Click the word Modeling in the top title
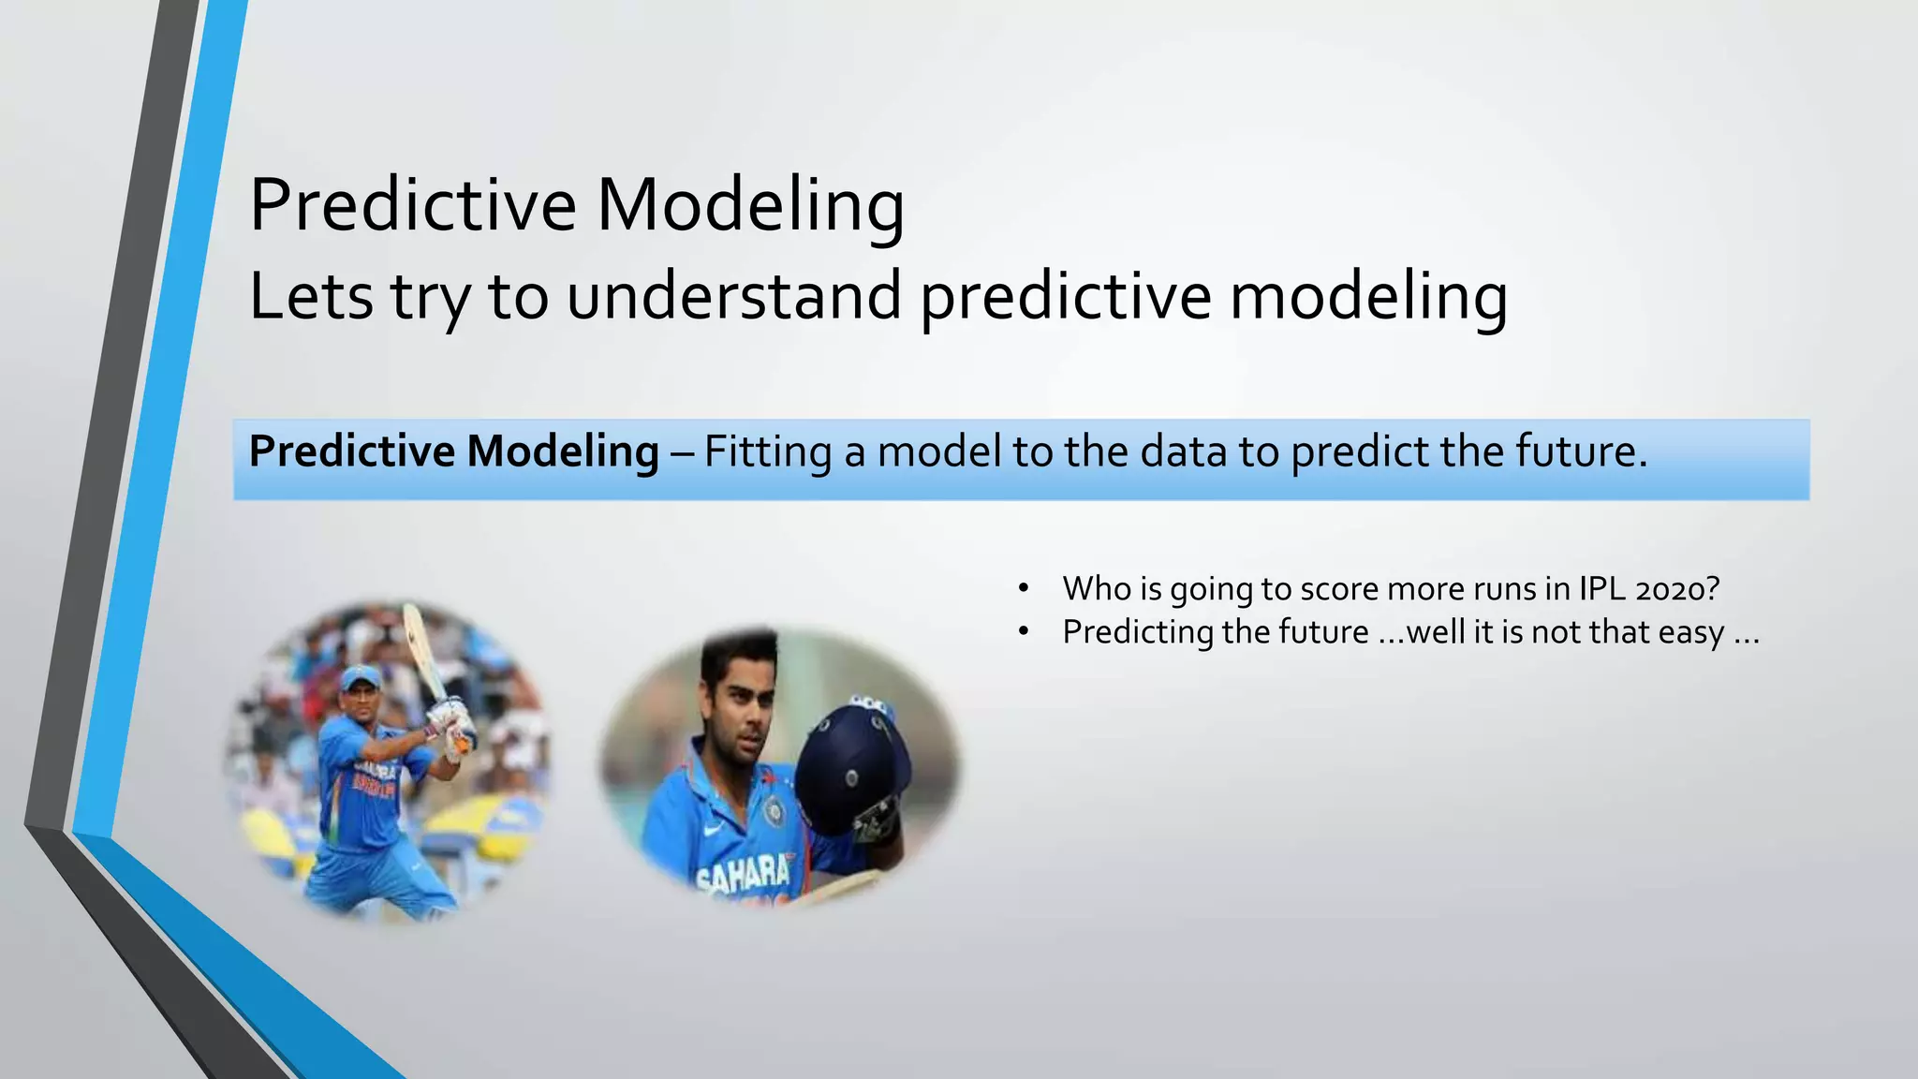(x=750, y=207)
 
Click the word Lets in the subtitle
(x=310, y=297)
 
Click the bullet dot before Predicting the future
(x=1024, y=633)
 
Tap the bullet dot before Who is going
(x=1024, y=589)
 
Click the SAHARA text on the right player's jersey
(x=745, y=875)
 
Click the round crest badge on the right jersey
(x=774, y=811)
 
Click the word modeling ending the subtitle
(x=1368, y=297)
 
